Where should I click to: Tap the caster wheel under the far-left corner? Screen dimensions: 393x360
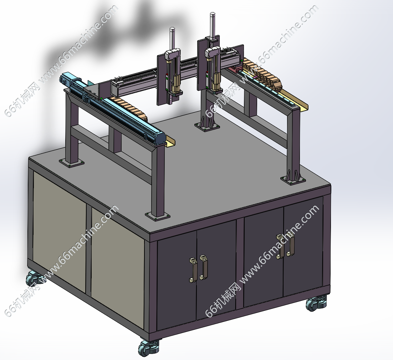pyautogui.click(x=35, y=279)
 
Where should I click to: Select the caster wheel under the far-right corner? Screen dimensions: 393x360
pyautogui.click(x=316, y=303)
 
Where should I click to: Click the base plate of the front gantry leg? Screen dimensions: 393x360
pyautogui.click(x=157, y=216)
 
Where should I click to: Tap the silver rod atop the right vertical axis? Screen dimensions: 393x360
pyautogui.click(x=213, y=25)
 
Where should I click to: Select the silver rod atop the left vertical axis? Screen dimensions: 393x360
pyautogui.click(x=172, y=39)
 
